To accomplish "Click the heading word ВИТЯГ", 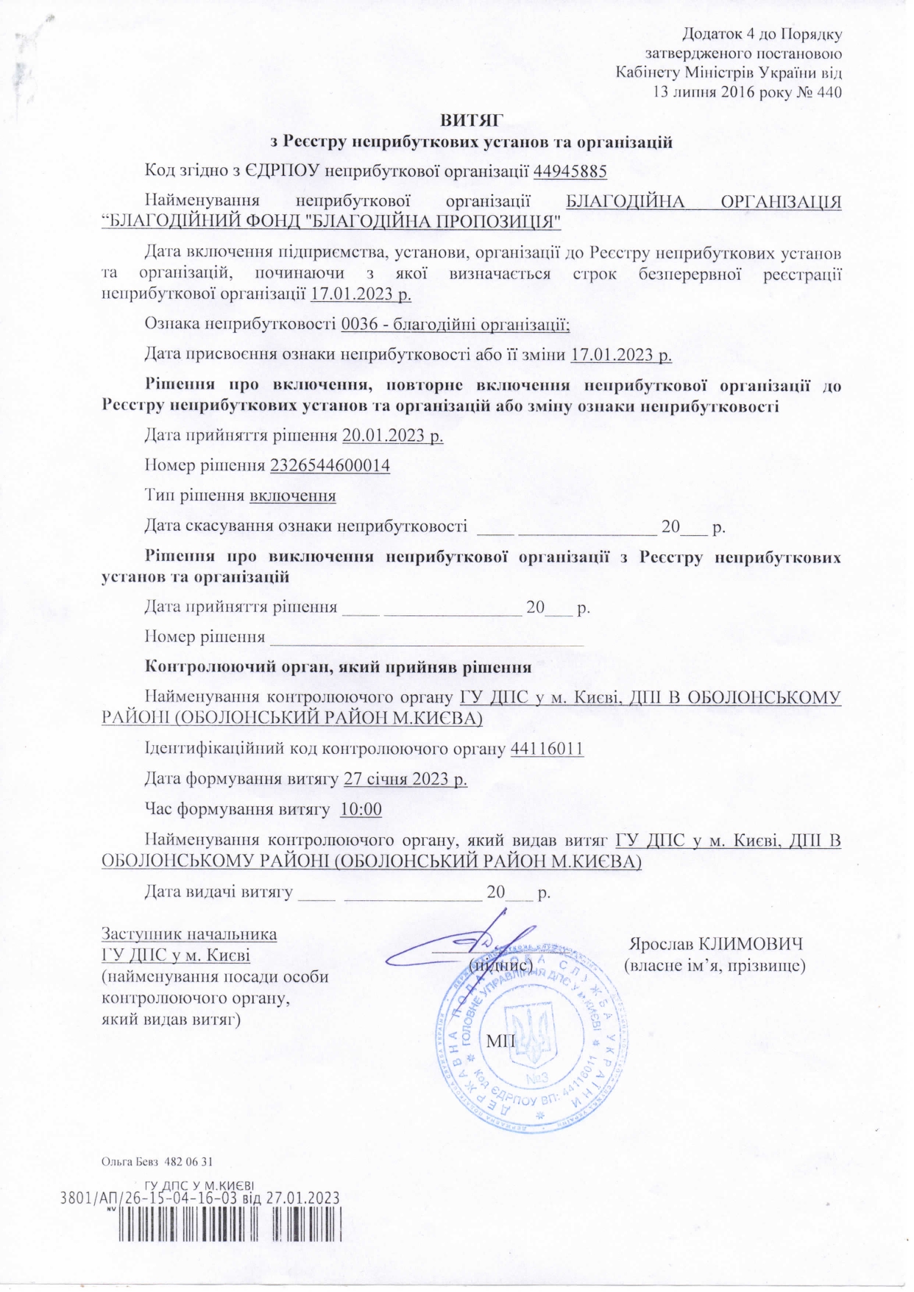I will [472, 120].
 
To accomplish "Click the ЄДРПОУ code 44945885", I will [570, 172].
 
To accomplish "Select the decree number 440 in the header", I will [828, 93].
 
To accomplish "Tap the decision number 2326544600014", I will [330, 465].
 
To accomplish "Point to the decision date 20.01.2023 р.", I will [393, 435].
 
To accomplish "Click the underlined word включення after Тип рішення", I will [293, 495].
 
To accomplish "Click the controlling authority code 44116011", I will [547, 749].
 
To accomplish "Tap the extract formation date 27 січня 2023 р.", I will [405, 779].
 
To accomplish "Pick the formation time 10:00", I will [361, 809].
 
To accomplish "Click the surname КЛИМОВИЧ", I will [751, 944].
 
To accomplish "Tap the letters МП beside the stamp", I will [501, 1041].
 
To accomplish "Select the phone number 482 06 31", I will [191, 1162].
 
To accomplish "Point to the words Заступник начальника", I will [189, 934].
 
